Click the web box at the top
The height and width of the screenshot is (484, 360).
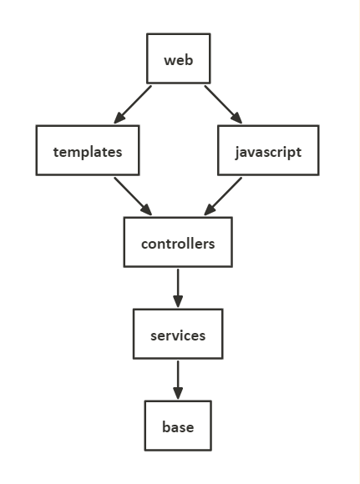coord(178,59)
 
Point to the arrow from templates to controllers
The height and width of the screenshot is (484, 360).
coord(134,195)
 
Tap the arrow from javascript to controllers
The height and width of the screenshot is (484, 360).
coord(223,195)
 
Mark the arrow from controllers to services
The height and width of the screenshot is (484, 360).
coord(178,287)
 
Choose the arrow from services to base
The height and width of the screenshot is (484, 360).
coord(178,379)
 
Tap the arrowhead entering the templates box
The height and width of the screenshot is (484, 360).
coord(121,117)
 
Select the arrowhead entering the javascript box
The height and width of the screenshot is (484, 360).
coord(236,117)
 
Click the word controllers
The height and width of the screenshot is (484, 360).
coord(178,244)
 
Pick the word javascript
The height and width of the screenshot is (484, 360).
coord(268,152)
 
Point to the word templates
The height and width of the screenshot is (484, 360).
coord(88,152)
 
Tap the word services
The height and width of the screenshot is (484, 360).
coord(178,335)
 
